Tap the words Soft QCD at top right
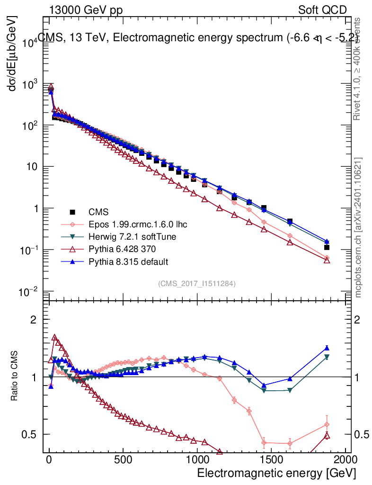(322, 10)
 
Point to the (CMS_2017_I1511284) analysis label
(197, 283)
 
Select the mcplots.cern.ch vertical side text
(358, 227)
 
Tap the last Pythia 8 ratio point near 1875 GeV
(327, 348)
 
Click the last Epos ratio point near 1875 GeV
(327, 424)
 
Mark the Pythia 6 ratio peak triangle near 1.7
(55, 338)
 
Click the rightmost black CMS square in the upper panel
(327, 247)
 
